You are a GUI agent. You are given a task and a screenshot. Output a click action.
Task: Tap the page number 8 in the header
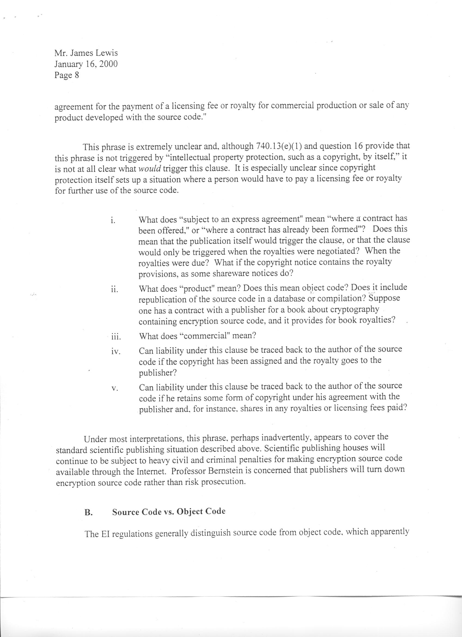coord(76,75)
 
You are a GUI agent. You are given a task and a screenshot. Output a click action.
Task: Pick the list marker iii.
coord(115,337)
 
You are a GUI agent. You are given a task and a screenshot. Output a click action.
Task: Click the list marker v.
coord(114,389)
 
